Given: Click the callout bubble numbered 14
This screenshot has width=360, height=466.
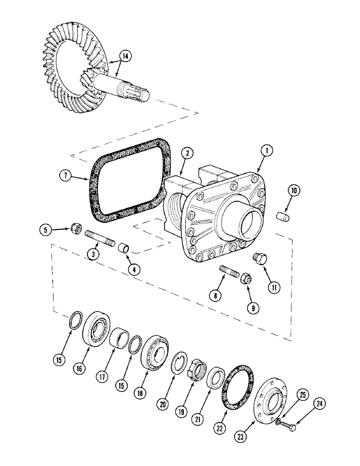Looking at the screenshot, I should [x=125, y=56].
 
